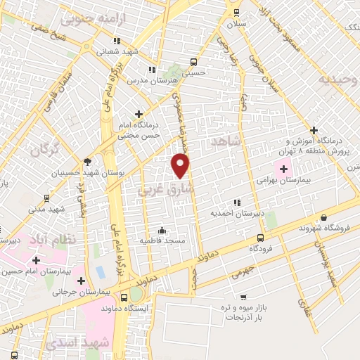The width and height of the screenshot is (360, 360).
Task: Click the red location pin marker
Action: (x=181, y=165)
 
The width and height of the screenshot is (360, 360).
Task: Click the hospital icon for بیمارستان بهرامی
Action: (x=284, y=169)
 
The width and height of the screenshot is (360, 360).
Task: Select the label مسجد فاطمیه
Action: (x=162, y=240)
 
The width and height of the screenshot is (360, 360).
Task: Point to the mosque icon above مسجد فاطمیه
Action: (x=162, y=229)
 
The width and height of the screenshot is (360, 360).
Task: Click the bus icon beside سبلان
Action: (x=236, y=11)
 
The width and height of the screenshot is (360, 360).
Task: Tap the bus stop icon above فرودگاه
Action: (x=261, y=238)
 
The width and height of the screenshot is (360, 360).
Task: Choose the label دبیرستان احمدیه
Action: (x=237, y=212)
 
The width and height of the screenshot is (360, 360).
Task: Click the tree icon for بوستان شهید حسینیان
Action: (x=87, y=161)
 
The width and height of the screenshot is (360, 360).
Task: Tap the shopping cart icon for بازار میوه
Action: (x=243, y=297)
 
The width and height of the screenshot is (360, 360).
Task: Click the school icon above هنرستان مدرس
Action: (x=151, y=70)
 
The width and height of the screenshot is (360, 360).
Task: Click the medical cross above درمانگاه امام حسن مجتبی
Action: (x=138, y=113)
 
